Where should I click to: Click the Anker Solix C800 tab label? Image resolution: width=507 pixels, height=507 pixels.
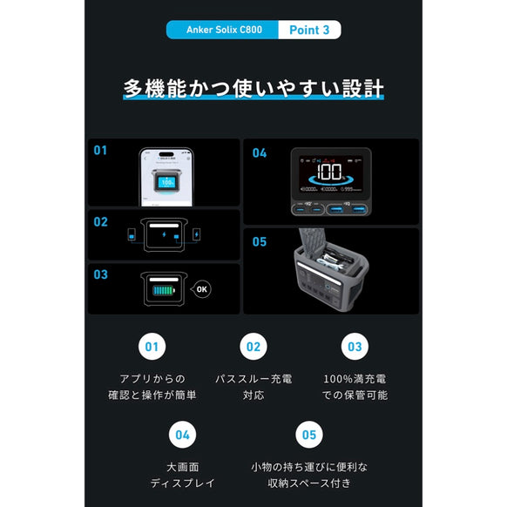(222, 30)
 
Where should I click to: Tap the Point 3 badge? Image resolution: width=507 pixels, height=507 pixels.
(308, 30)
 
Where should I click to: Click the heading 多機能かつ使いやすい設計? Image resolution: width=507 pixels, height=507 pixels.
(253, 89)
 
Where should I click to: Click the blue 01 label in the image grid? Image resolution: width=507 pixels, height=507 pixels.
(100, 150)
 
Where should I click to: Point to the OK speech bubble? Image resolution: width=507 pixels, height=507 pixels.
(202, 288)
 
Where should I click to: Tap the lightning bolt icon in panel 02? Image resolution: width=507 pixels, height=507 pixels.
(165, 234)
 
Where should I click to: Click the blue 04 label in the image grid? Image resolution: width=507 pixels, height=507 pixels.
(259, 152)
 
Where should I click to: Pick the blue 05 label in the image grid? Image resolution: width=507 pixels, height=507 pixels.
(259, 241)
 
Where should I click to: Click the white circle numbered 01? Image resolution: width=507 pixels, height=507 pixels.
(152, 347)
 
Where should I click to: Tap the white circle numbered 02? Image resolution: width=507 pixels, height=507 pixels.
(253, 347)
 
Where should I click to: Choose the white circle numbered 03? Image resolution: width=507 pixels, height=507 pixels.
(354, 347)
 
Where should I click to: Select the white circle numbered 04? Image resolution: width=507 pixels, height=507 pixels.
(182, 433)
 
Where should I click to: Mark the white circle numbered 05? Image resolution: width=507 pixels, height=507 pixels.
(308, 433)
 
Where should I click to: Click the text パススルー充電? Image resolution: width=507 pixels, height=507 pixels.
(253, 379)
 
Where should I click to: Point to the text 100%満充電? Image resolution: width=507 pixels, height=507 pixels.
(355, 379)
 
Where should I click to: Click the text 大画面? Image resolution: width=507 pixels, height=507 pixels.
(182, 466)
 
